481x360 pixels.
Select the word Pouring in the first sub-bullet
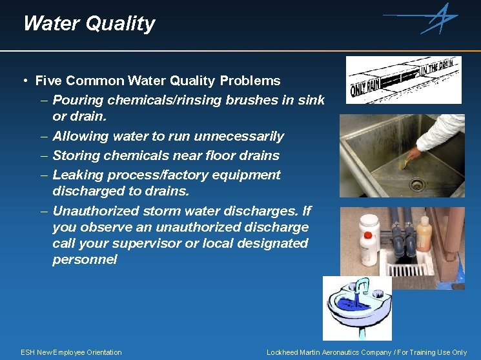79,101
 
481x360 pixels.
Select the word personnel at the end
85,260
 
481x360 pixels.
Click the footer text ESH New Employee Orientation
71,352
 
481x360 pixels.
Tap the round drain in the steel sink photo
417,185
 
